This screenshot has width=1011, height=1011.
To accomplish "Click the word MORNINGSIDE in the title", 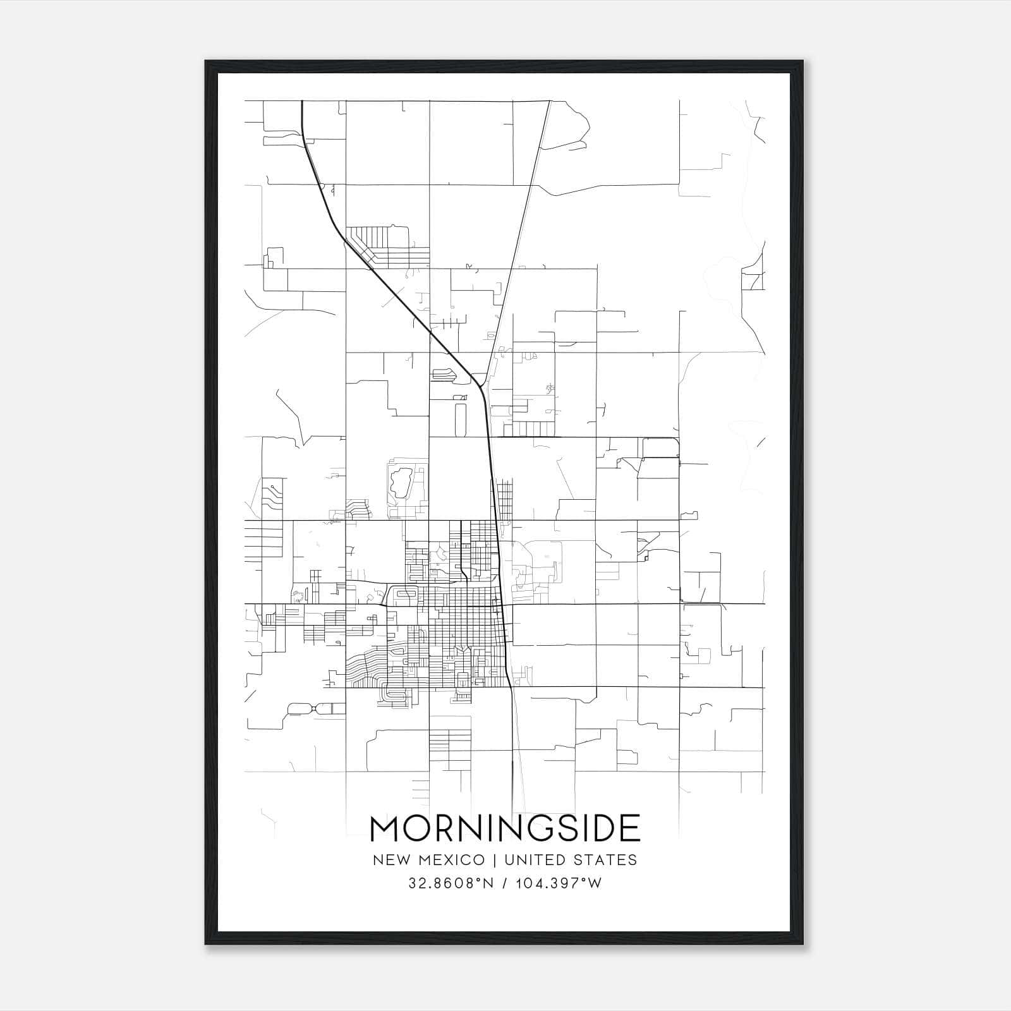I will pyautogui.click(x=505, y=829).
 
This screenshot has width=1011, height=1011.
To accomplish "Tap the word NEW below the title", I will pyautogui.click(x=389, y=860).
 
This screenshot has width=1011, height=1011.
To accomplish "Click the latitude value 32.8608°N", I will pyautogui.click(x=451, y=883).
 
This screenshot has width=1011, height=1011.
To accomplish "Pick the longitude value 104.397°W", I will pyautogui.click(x=559, y=883).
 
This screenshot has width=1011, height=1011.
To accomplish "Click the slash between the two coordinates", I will pyautogui.click(x=504, y=883).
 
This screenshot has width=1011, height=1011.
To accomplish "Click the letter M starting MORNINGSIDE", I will pyautogui.click(x=384, y=829).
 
